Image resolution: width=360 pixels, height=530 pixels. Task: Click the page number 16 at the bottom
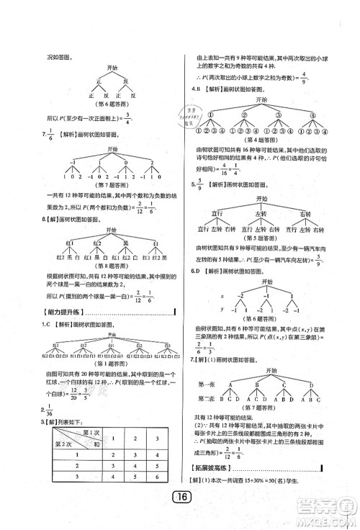pyautogui.click(x=180, y=513)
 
